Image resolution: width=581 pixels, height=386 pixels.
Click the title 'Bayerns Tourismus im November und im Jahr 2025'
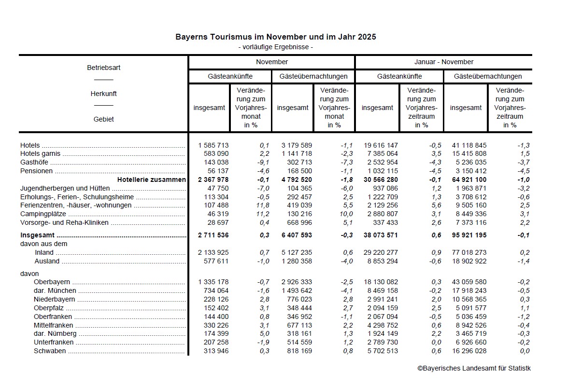tap(275, 37)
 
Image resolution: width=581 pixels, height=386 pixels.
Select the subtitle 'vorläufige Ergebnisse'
tap(275, 47)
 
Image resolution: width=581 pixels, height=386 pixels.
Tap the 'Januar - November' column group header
tap(443, 62)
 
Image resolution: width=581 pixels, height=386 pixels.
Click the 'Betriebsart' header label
tap(103, 68)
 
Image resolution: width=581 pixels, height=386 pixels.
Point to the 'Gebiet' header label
tap(103, 119)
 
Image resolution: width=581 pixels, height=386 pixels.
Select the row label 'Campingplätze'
tap(43, 214)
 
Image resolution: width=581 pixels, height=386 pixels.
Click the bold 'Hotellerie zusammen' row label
tap(151, 179)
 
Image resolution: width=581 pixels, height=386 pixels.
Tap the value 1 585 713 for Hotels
tap(213, 145)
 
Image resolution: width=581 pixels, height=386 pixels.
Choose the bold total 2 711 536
tap(213, 235)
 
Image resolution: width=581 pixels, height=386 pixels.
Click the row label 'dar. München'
tap(55, 291)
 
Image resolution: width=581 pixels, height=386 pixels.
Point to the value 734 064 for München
tap(215, 291)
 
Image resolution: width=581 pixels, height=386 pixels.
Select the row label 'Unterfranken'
tap(54, 343)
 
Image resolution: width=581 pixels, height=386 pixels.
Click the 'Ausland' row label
tap(47, 262)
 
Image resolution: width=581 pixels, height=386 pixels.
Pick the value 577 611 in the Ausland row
tap(215, 262)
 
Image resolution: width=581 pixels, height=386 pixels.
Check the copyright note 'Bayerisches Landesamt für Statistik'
tap(474, 369)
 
